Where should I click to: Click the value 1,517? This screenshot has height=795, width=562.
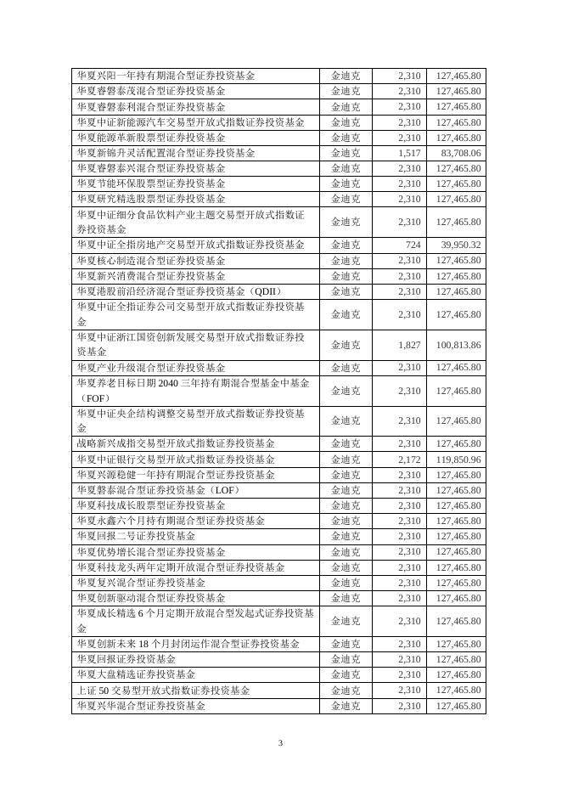[x=408, y=153]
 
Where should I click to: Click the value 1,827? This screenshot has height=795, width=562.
[x=408, y=345]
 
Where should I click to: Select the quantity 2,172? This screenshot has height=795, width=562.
[x=408, y=460]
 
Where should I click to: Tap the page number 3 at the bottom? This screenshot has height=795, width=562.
[x=280, y=745]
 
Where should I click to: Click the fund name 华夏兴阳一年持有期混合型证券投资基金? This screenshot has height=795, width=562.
[x=166, y=76]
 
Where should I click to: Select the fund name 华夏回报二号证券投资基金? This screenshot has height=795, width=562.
[x=136, y=536]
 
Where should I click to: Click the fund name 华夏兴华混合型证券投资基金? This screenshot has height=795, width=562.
[x=141, y=706]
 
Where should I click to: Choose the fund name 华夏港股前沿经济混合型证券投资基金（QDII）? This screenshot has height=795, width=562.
[x=179, y=291]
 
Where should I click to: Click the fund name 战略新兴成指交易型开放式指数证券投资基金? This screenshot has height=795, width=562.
[x=176, y=443]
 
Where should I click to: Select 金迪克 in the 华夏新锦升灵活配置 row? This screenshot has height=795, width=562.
[x=345, y=153]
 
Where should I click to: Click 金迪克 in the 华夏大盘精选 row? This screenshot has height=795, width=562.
[x=345, y=674]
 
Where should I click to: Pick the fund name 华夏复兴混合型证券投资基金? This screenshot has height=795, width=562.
[x=141, y=583]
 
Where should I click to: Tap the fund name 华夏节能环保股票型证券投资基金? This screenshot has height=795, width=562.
[x=151, y=183]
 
